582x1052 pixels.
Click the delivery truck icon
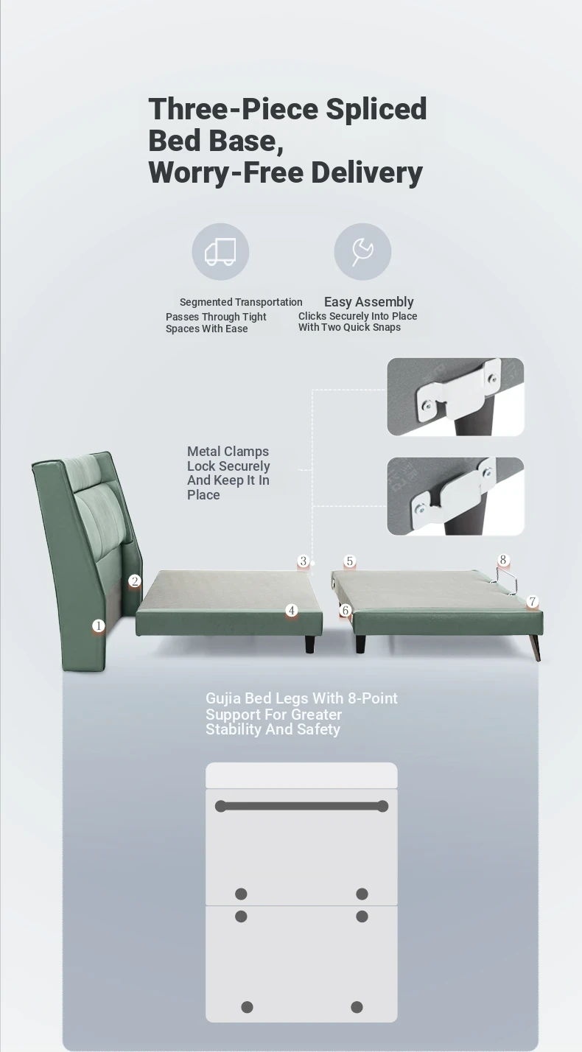220,252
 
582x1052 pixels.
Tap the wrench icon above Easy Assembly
362,252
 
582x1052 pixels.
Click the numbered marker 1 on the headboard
98,625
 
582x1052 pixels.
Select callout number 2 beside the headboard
135,581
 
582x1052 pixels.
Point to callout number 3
304,561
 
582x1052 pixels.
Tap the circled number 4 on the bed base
292,611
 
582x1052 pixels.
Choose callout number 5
349,561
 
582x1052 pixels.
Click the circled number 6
346,611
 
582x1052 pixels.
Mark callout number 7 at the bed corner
532,601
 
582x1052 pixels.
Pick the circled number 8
503,560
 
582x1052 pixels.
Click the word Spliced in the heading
376,110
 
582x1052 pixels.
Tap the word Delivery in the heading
366,172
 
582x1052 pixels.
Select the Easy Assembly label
369,301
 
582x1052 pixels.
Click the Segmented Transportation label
241,302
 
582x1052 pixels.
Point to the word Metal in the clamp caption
204,452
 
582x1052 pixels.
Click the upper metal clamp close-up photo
455,397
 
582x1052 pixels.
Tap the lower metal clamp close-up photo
455,497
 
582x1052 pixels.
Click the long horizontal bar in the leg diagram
301,807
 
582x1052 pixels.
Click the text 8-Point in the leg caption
373,698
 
